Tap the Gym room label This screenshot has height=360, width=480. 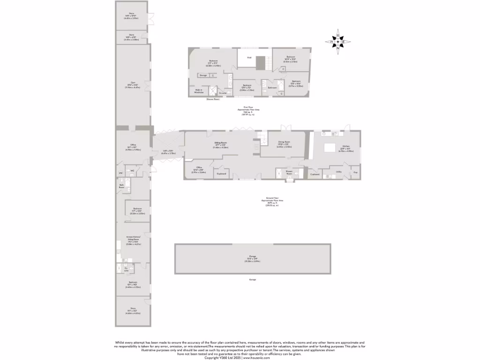click(x=133, y=82)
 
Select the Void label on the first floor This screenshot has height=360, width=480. click(x=249, y=58)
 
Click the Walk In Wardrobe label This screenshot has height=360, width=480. click(x=199, y=91)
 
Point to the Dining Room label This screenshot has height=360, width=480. click(x=284, y=142)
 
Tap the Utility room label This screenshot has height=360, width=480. click(x=338, y=172)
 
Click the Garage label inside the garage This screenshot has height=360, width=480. click(x=252, y=256)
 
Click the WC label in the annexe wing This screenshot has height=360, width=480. click(x=133, y=171)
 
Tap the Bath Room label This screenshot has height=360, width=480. click(x=121, y=186)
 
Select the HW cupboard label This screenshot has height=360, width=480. click(x=120, y=173)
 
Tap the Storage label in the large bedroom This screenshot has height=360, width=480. click(x=203, y=75)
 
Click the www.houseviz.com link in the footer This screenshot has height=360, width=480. click(x=257, y=357)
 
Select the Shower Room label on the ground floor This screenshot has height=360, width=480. click(x=289, y=173)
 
